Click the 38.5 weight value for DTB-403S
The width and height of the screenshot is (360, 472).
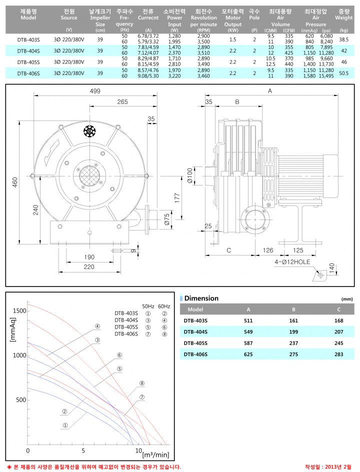(343, 39)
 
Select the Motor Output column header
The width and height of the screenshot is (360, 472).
(233, 21)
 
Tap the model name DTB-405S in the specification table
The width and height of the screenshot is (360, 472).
(28, 62)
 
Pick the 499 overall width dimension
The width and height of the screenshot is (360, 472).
(95, 91)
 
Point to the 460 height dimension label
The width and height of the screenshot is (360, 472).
(15, 182)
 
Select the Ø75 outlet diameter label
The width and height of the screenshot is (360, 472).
(167, 219)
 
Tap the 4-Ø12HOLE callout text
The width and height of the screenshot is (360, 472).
(292, 262)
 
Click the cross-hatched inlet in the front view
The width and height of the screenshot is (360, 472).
(89, 176)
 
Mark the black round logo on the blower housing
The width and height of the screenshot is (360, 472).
(89, 131)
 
